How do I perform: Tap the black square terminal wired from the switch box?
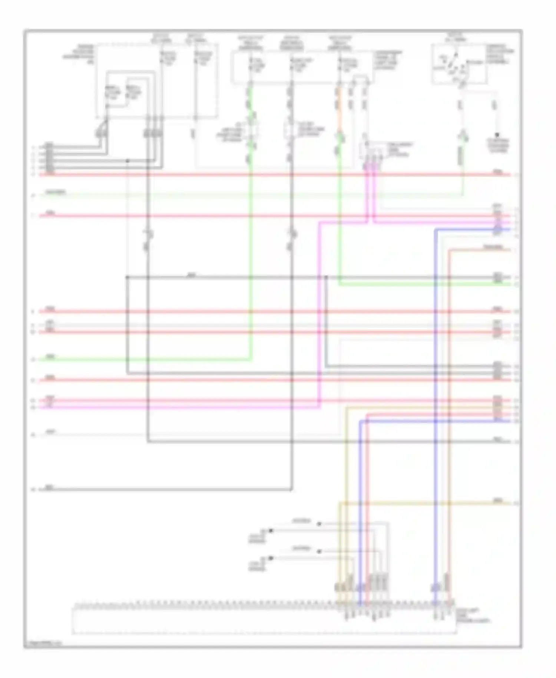click(x=497, y=135)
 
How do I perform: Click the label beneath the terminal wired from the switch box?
click(x=498, y=146)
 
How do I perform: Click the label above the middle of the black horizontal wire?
click(x=192, y=275)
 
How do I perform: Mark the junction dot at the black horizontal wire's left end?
click(x=127, y=277)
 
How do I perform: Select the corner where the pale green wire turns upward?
click(x=462, y=194)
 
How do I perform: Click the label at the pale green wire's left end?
click(x=55, y=192)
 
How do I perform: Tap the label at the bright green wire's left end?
click(x=50, y=356)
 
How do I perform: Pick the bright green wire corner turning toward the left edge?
click(x=251, y=359)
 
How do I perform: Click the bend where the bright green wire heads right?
click(x=340, y=284)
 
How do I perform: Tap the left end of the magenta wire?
click(x=41, y=407)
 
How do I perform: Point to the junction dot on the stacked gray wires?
click(x=127, y=161)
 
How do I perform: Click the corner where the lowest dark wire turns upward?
click(x=291, y=490)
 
